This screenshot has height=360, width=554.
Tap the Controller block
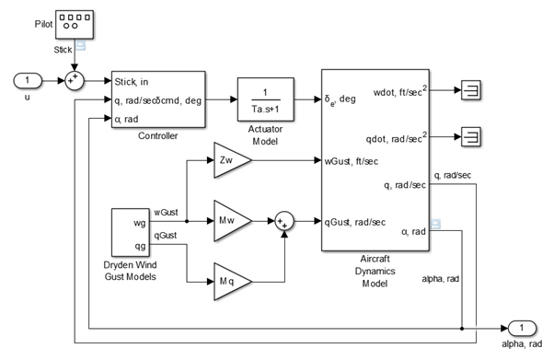157,99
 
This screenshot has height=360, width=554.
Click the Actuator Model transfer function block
265,95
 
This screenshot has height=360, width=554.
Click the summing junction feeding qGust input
284,221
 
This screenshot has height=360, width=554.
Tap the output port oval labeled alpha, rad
521,329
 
